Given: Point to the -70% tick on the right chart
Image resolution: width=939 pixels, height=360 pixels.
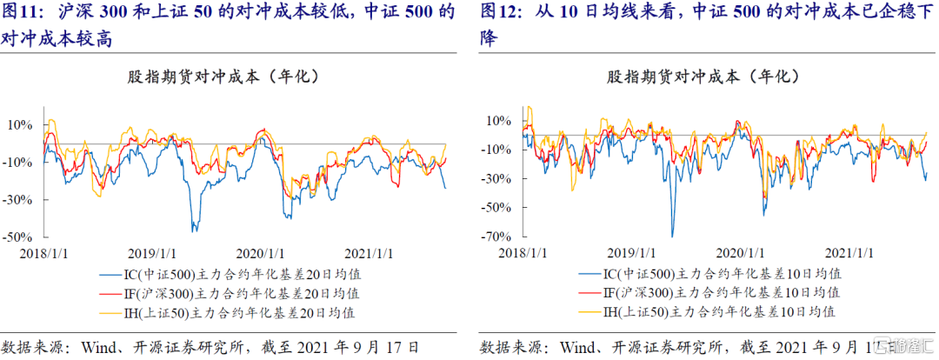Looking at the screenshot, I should pyautogui.click(x=497, y=237).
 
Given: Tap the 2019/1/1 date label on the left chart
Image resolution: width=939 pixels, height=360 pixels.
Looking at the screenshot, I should pyautogui.click(x=151, y=252).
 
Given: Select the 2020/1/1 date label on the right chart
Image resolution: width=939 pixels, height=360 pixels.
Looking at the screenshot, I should pyautogui.click(x=739, y=252).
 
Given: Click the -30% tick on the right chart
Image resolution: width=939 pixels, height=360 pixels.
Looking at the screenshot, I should pyautogui.click(x=497, y=178).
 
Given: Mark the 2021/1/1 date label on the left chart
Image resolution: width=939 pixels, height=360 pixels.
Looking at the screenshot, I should pyautogui.click(x=370, y=252).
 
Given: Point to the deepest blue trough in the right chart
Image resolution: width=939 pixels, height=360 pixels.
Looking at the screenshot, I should pyautogui.click(x=672, y=236).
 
